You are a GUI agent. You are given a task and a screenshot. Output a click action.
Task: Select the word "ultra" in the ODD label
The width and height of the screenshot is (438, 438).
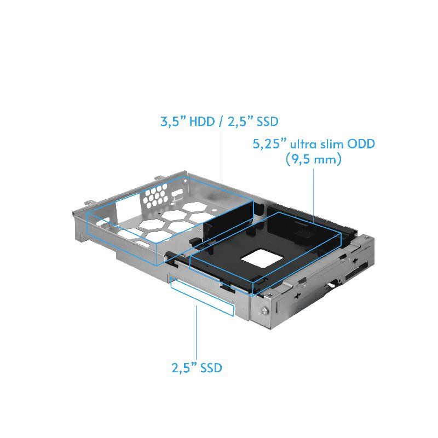click(306, 145)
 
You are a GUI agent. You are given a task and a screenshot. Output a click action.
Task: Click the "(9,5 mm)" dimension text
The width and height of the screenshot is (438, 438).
click(313, 160)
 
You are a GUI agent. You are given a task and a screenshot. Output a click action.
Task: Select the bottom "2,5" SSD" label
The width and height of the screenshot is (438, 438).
click(196, 368)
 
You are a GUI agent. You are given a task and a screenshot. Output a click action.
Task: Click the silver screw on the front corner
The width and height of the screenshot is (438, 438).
click(265, 313)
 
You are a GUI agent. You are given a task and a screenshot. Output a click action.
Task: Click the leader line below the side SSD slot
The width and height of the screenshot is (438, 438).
click(196, 334)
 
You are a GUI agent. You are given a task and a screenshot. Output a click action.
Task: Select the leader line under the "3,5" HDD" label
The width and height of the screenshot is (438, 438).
click(221, 153)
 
